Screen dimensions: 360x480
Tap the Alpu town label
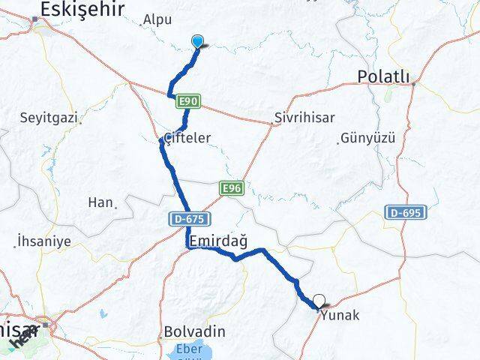[157, 19]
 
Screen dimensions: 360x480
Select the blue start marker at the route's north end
[198, 42]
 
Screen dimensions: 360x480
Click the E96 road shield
[230, 189]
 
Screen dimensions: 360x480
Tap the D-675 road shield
[184, 218]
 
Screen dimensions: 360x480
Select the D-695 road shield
[406, 213]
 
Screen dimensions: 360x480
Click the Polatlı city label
[383, 76]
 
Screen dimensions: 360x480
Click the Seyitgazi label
[50, 118]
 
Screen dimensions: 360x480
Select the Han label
[99, 202]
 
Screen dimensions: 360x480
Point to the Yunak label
[340, 316]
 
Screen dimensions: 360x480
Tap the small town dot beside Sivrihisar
[274, 123]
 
